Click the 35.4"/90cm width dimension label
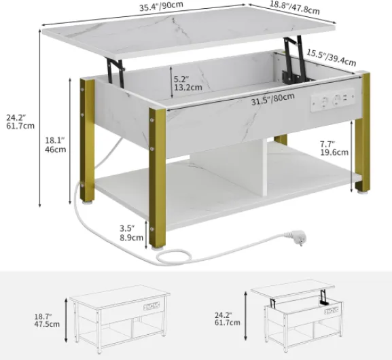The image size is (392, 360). point(161,6)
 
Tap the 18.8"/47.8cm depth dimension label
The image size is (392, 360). point(294,7)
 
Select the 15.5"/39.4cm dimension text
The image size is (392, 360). point(332,58)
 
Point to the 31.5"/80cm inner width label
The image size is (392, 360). point(272,99)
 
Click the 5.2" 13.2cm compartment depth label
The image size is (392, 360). point(188,84)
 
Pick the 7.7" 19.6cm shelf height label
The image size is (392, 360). point(334,148)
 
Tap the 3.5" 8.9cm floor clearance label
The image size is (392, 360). point(131,233)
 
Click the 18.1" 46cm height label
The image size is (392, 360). point(56,145)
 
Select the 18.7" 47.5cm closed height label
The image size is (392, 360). point(47,321)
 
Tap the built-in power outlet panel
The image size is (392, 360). point(332,100)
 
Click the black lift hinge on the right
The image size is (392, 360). point(295,60)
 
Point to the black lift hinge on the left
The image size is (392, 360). point(117,71)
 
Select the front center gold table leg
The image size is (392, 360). point(157,179)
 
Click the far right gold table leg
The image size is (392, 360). point(362,132)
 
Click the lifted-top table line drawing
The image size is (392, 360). point(297,317)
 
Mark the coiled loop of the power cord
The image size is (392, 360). point(174,257)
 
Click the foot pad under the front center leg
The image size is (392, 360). point(157,249)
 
